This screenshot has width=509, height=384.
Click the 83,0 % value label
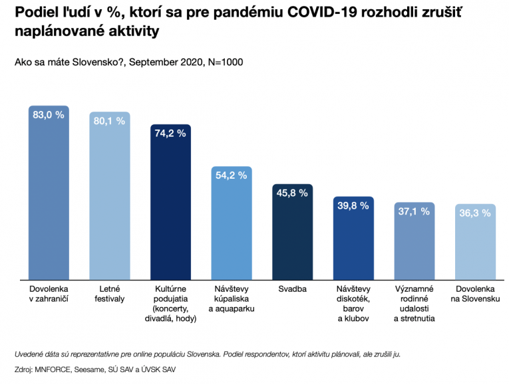pos(49,115)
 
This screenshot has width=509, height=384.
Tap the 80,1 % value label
pos(110,121)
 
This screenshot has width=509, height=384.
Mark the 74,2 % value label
pos(171,133)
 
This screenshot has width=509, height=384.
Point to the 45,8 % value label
pos(293,193)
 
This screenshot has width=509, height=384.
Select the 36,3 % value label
pos(476,213)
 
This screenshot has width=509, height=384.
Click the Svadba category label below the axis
pos(293,290)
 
